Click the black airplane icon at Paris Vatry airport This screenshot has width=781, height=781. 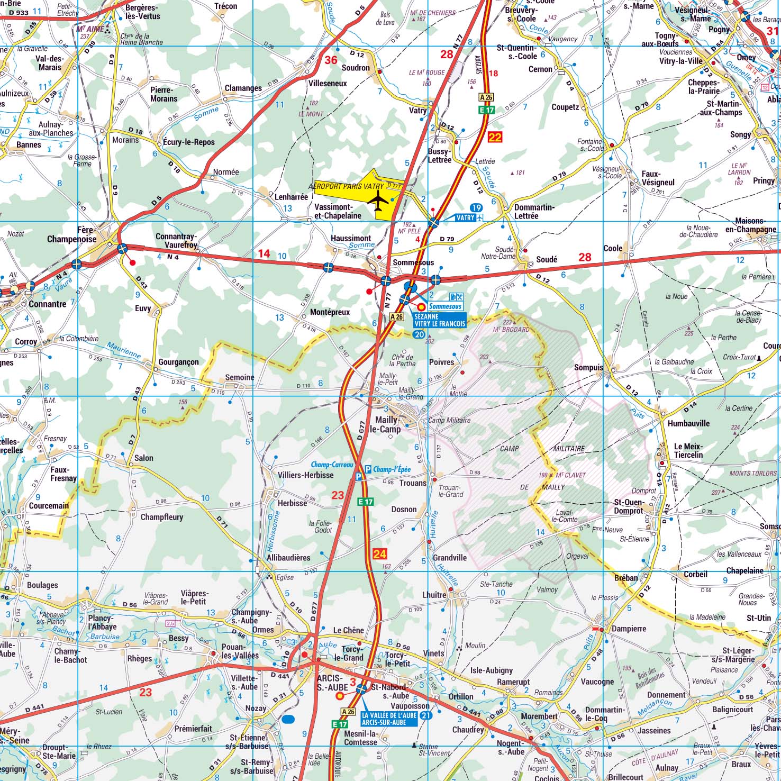[x=378, y=202]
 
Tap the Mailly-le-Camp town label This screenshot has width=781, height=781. [x=387, y=425]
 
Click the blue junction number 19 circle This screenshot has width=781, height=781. [x=476, y=207]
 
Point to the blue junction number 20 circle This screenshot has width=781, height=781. [x=419, y=334]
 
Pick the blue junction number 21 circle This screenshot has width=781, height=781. [x=426, y=715]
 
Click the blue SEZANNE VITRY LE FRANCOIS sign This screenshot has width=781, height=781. [x=440, y=320]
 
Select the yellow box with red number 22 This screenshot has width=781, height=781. [x=495, y=138]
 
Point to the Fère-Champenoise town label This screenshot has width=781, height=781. [x=72, y=234]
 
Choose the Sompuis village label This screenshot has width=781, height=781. [x=588, y=368]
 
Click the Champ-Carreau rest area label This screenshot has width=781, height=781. [x=332, y=465]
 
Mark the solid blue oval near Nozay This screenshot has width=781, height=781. [x=288, y=719]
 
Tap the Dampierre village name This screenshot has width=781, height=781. [x=629, y=629]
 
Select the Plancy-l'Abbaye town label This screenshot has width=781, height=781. [x=103, y=622]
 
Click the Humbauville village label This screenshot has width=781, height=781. [x=688, y=423]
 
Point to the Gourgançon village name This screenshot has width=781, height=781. [x=178, y=362]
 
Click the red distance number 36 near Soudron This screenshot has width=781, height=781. [x=331, y=60]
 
